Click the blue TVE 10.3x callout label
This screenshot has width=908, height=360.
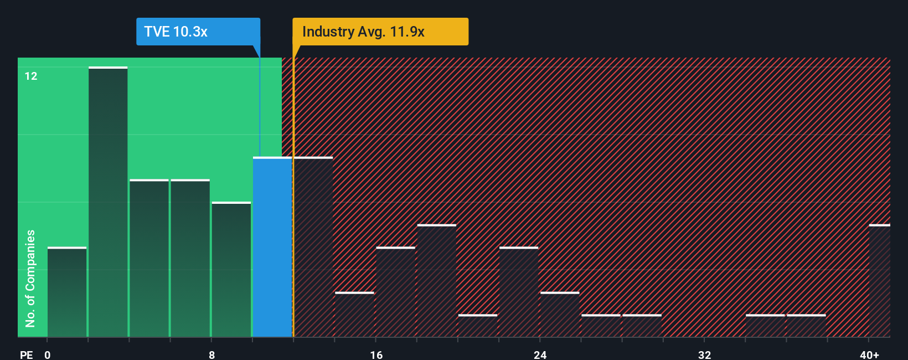tap(198, 32)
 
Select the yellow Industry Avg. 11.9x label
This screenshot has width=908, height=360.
tap(380, 32)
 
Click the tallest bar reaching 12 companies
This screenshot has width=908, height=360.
tap(108, 202)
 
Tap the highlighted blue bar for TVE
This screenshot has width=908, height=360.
tap(272, 247)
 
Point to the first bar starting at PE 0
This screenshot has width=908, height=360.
tap(67, 292)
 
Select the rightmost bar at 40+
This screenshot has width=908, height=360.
tap(879, 281)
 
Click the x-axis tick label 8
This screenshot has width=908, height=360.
tap(211, 354)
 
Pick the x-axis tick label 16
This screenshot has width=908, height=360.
tap(376, 354)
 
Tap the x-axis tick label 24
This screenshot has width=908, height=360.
tap(540, 354)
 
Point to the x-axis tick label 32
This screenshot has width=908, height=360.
tap(704, 354)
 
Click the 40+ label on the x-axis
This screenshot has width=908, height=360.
tap(869, 354)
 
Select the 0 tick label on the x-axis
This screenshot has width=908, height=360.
tap(48, 354)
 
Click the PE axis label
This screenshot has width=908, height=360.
tap(26, 354)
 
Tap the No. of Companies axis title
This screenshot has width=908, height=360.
tap(30, 278)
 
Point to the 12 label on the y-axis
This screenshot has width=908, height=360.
tap(31, 76)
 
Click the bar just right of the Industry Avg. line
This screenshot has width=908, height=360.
tap(313, 247)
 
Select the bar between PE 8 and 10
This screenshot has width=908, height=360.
tap(231, 270)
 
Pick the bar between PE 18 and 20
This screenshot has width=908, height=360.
tap(437, 281)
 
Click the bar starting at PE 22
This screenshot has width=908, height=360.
tap(519, 292)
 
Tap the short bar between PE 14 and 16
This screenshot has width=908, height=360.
tap(354, 315)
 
